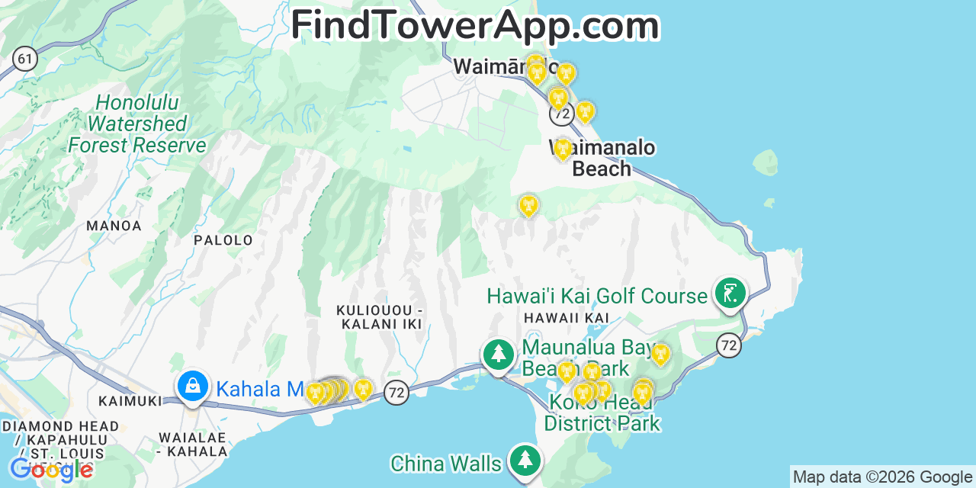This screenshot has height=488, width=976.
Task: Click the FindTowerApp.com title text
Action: click(x=474, y=25)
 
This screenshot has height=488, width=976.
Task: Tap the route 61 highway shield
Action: click(x=25, y=59)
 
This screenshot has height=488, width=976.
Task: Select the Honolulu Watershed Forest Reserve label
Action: click(x=137, y=124)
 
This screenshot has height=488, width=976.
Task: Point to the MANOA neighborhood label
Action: click(x=114, y=226)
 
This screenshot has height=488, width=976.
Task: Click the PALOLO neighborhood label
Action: click(x=223, y=240)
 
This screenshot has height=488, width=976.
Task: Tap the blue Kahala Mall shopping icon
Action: click(x=194, y=386)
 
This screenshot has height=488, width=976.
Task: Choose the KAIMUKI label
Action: click(x=130, y=401)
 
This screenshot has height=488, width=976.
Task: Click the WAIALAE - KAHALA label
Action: click(x=193, y=444)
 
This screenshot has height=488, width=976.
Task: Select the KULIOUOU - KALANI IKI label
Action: click(x=379, y=317)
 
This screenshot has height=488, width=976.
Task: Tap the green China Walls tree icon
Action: click(x=525, y=460)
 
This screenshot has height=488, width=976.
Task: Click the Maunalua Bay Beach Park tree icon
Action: click(x=499, y=354)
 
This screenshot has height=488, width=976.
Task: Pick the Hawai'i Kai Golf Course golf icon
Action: click(x=730, y=293)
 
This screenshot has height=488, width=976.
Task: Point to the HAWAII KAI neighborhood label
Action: click(x=566, y=317)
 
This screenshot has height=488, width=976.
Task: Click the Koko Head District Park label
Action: click(x=602, y=413)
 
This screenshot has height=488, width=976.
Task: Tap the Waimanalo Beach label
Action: click(x=602, y=158)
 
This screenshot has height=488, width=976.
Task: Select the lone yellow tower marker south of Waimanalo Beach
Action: click(x=528, y=205)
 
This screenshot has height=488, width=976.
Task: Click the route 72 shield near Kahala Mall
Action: click(x=396, y=392)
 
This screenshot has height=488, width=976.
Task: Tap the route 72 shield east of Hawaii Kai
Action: click(x=729, y=345)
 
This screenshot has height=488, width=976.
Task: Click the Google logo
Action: click(x=50, y=469)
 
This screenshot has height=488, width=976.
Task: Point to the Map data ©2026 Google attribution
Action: click(x=882, y=477)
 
